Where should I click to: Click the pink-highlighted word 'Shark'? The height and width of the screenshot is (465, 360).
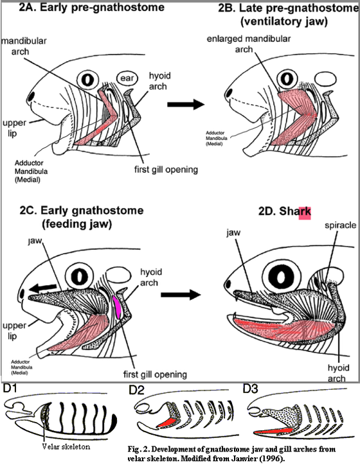coord(298,213)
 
